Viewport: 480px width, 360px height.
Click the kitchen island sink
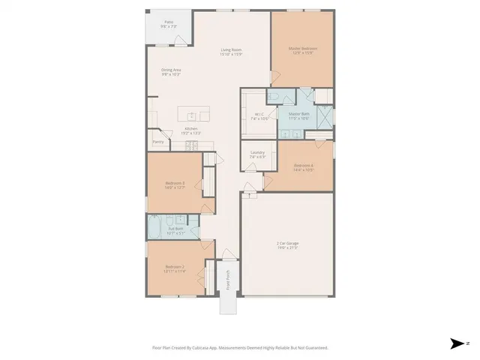pos(192,115)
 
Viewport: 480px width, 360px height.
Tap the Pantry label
pos(158,141)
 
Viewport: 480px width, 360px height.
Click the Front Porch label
pos(228,280)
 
